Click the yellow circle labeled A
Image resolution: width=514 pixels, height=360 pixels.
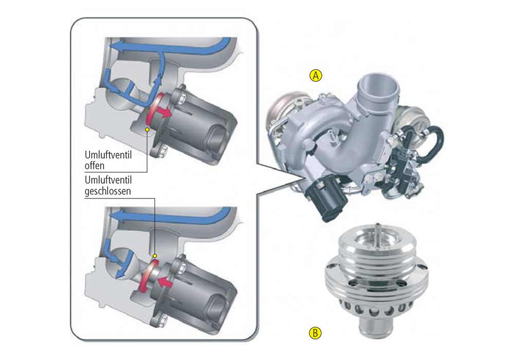[316, 76]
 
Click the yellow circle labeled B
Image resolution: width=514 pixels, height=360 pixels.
[316, 333]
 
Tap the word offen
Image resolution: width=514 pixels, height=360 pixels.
[95, 166]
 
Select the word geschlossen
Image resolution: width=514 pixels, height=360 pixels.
[108, 191]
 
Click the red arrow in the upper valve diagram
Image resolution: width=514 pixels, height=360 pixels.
[163, 112]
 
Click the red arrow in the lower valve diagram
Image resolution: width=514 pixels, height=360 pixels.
[165, 281]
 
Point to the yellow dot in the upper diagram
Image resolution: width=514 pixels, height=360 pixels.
[147, 130]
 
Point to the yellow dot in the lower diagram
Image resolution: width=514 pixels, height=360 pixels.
[155, 256]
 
